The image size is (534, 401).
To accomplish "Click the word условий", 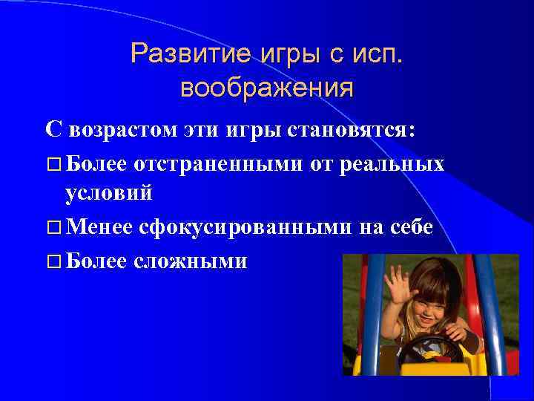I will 109,195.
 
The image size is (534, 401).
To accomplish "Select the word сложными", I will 191,261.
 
